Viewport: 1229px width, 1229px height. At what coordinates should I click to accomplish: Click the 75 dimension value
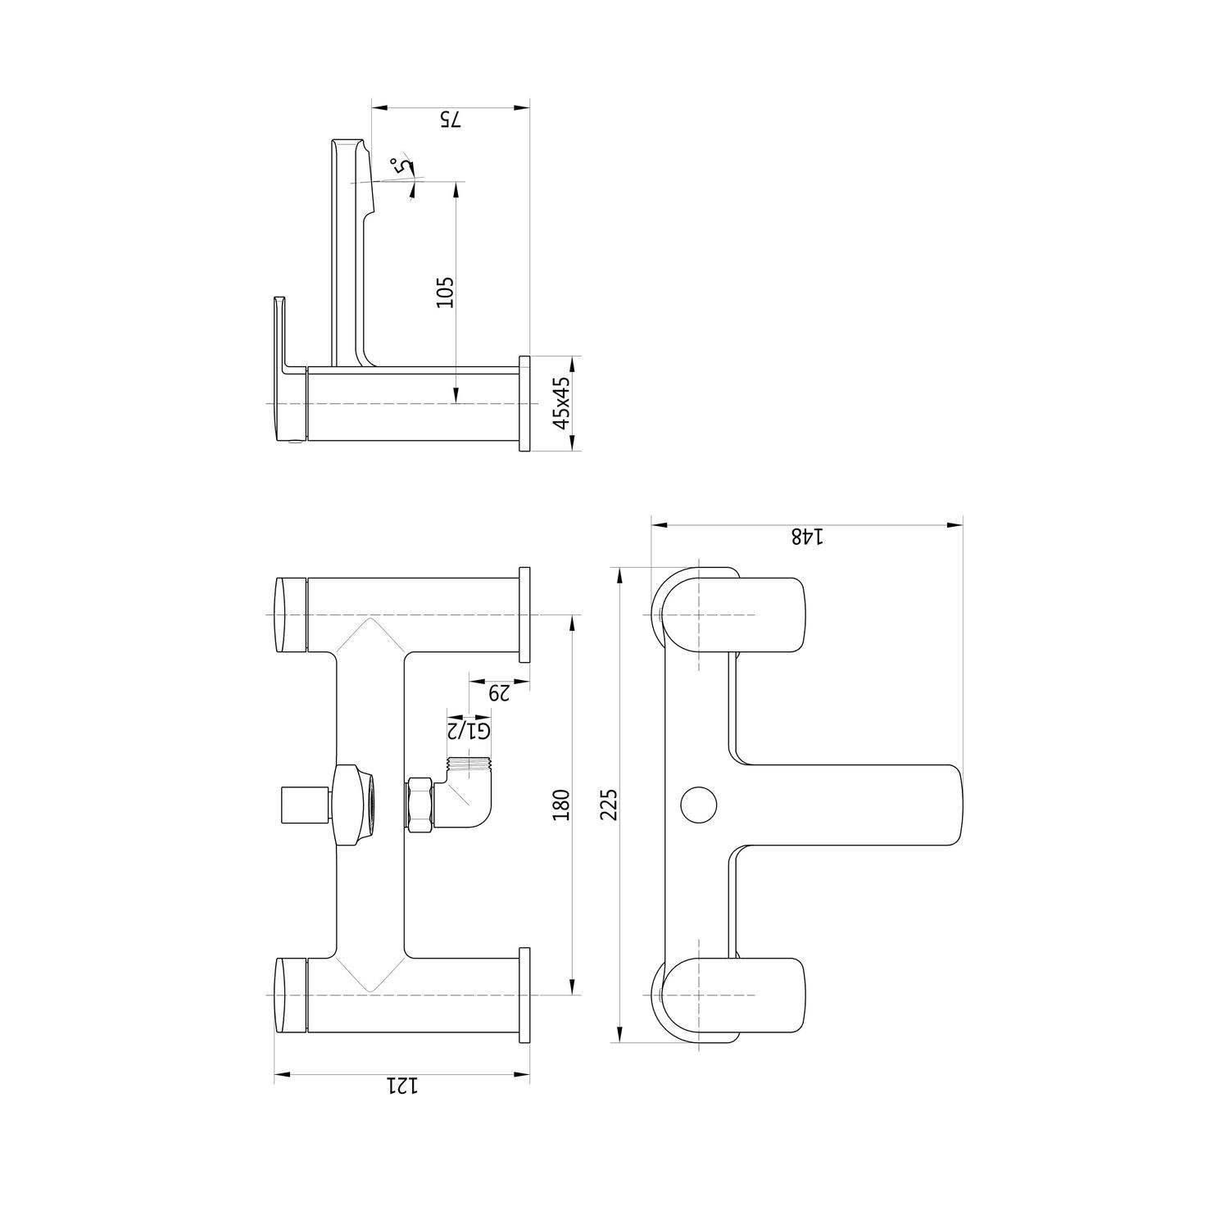pos(451,119)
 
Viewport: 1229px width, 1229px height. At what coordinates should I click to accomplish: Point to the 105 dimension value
pos(444,293)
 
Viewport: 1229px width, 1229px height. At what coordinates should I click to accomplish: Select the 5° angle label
pos(401,166)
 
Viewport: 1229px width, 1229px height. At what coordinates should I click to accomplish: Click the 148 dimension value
pos(806,537)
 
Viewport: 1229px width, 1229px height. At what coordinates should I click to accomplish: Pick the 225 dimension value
pos(608,805)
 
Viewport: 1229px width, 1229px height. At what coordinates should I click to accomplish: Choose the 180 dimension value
pos(561,805)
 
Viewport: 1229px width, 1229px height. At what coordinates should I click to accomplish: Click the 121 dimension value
pos(402,1086)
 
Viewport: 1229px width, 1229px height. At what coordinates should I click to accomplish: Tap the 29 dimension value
pos(499,693)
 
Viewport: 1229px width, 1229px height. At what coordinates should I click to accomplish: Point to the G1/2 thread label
pos(468,730)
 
